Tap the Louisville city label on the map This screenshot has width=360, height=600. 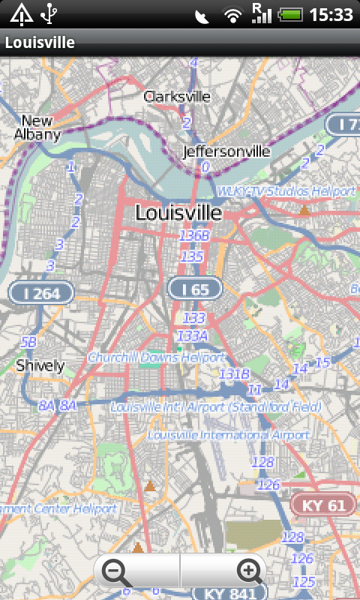178,213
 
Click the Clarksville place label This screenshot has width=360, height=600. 178,97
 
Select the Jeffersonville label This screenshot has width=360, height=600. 226,151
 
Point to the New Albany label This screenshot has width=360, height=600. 37,128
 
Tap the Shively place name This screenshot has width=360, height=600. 40,366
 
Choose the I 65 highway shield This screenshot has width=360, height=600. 195,288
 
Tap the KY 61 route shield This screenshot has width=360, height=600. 323,505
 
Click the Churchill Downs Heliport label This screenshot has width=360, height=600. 156,358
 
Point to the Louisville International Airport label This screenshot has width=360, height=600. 229,435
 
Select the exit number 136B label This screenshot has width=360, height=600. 194,235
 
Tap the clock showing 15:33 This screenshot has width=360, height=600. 331,14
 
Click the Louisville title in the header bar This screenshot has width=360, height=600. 40,43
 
